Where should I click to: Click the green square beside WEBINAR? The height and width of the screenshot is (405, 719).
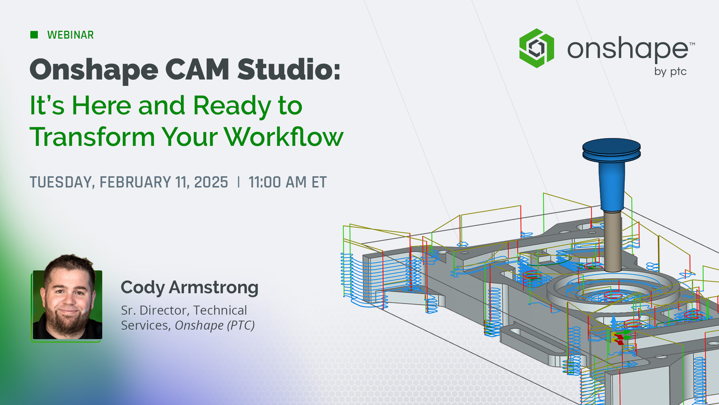(x=34, y=35)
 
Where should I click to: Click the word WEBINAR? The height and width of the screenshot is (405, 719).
(x=70, y=35)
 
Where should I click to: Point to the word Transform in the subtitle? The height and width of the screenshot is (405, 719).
(x=92, y=137)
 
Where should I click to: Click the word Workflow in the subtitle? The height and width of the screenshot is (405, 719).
(x=283, y=137)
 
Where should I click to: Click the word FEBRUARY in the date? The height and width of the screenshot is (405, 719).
(x=135, y=182)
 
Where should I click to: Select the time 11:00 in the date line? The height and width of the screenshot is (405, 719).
(x=265, y=182)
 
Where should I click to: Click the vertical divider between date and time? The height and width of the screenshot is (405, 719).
(x=239, y=182)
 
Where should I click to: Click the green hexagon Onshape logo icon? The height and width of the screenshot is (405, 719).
(x=536, y=48)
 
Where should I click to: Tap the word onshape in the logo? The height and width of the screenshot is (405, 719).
(x=628, y=49)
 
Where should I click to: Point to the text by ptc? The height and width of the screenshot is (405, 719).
(x=670, y=71)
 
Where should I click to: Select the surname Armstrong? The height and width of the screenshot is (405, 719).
(x=214, y=288)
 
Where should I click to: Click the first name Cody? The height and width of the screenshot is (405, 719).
(x=143, y=288)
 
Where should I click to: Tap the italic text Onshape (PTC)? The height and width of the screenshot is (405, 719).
(x=215, y=325)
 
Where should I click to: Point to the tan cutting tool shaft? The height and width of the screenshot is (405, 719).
(x=612, y=240)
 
